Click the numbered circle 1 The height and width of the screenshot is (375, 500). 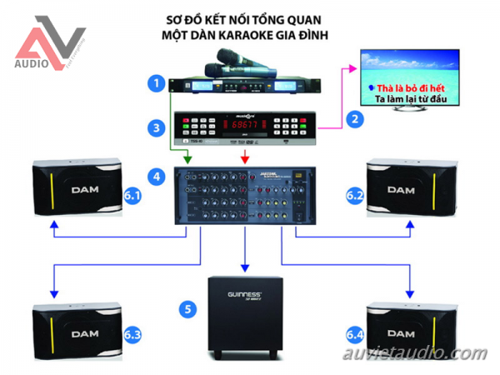(x=153, y=82)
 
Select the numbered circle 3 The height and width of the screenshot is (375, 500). (x=153, y=127)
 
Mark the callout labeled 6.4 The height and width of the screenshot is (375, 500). (x=356, y=334)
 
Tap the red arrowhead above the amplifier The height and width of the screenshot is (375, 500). (x=243, y=158)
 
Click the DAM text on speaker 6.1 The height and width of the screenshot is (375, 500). (x=86, y=190)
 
